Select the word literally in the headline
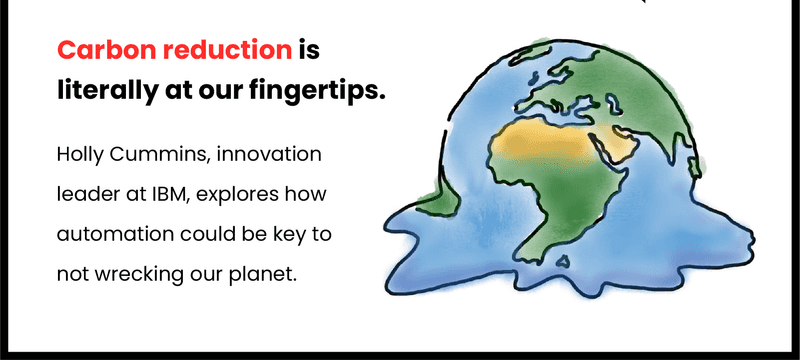tap(103, 92)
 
